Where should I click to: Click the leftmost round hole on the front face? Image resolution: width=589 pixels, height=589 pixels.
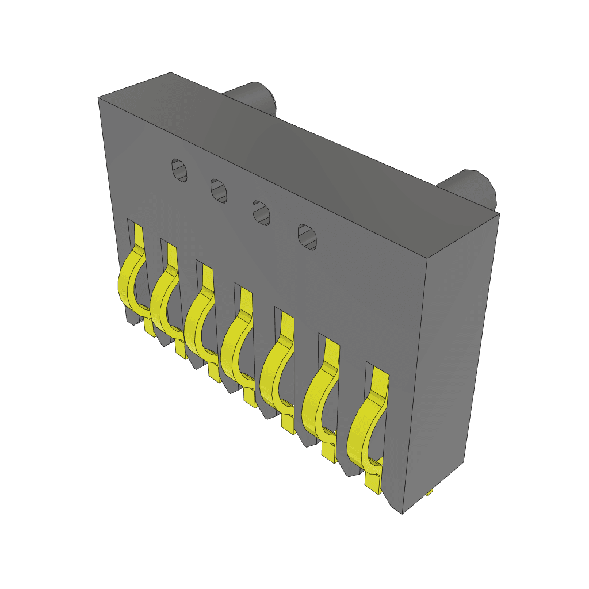point(180,170)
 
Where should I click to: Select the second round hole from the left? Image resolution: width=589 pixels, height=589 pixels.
point(218,190)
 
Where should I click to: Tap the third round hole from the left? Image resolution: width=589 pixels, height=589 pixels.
point(262,213)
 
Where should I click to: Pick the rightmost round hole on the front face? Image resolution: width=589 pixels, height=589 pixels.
point(307,236)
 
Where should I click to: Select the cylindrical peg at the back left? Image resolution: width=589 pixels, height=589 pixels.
point(253,95)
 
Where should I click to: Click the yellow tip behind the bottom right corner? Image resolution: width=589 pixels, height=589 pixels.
point(430,492)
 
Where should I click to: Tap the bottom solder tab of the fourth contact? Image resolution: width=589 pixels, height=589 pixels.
point(250,397)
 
